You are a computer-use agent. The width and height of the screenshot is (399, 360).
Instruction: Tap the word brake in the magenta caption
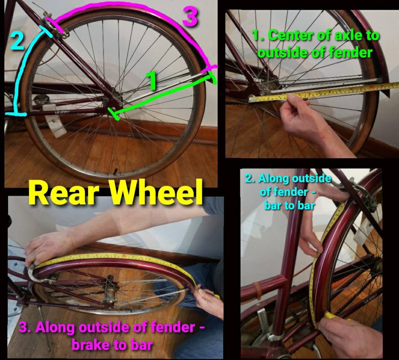tap(91, 345)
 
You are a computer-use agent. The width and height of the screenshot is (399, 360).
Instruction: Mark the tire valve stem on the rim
tap(115, 171)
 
